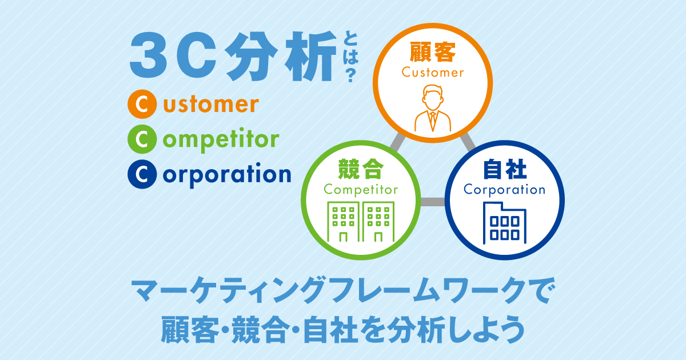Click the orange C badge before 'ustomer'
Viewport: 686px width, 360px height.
coord(142,104)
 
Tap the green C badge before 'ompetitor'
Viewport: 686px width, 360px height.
coord(142,139)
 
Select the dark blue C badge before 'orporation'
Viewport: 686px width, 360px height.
coord(142,174)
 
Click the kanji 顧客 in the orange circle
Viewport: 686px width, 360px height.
coord(433,53)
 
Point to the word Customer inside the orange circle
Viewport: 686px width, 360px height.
coord(433,73)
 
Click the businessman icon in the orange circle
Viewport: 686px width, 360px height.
coord(433,108)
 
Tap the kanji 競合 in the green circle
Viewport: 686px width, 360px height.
coord(361,169)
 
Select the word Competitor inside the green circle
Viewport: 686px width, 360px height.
coord(361,190)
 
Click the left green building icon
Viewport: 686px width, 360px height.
coord(344,222)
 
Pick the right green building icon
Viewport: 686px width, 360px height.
coord(378,222)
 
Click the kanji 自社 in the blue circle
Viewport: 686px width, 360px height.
coord(505,169)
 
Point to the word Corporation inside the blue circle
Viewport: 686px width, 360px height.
coord(504,190)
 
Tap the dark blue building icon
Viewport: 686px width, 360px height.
coord(505,223)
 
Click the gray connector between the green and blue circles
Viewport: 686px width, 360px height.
coord(433,202)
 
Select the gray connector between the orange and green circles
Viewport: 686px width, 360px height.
coord(397,142)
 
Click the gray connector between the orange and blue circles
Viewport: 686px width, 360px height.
coord(468,142)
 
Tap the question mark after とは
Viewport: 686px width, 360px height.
coord(350,75)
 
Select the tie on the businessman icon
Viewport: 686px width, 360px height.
coord(433,121)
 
